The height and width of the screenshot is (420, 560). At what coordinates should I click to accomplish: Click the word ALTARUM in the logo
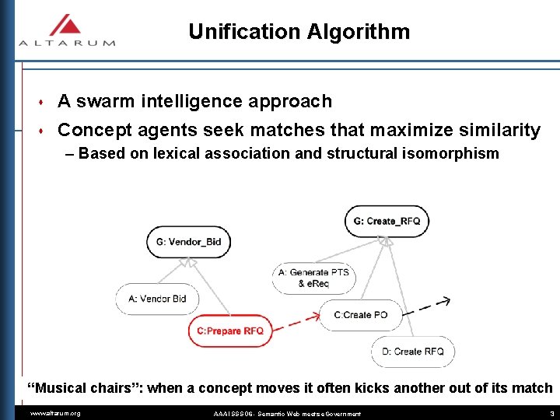(x=67, y=43)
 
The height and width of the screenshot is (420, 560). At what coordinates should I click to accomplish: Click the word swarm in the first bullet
(x=107, y=101)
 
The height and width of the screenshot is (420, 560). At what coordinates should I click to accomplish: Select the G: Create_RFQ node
(x=387, y=221)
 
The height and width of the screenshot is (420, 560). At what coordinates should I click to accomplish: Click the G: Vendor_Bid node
(x=188, y=242)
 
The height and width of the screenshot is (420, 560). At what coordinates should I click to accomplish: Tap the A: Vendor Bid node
(x=157, y=299)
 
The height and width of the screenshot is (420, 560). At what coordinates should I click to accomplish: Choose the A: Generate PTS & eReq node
(x=313, y=278)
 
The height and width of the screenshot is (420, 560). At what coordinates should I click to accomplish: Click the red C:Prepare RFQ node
(x=230, y=331)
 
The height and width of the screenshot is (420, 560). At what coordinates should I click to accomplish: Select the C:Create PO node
(x=360, y=315)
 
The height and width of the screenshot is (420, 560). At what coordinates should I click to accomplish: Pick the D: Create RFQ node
(x=413, y=352)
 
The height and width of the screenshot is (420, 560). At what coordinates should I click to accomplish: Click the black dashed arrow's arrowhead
(x=446, y=301)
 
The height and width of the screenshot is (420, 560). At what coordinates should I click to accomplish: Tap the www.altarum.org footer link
(x=54, y=413)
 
